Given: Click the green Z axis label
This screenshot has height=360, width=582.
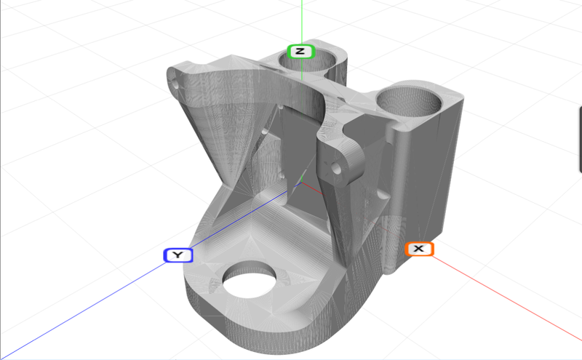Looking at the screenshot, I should pos(300,52).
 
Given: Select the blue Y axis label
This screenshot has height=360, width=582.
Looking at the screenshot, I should pos(178,255).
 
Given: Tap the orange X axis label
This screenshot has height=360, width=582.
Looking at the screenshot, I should pos(418,249).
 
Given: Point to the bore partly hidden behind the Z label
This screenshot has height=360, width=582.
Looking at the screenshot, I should pos(320,61).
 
